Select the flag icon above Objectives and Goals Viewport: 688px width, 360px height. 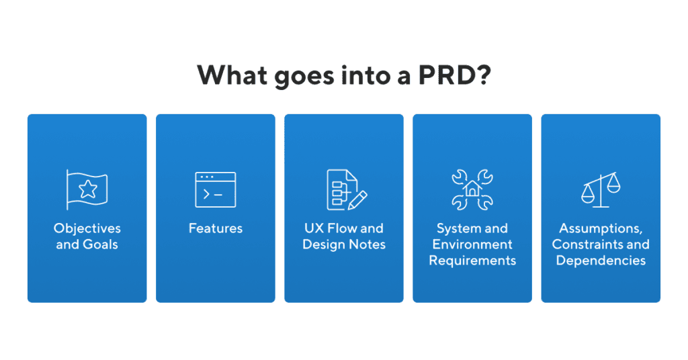point(87,189)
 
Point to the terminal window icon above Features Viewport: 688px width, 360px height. point(216,190)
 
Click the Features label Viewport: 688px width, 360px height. point(216,228)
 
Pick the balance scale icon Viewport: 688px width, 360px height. point(601,191)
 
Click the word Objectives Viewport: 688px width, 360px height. point(87,228)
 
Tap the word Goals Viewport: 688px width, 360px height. point(100,244)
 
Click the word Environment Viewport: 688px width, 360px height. point(472,244)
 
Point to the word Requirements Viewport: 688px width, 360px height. point(472,261)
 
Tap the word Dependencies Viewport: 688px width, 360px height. point(601,261)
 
